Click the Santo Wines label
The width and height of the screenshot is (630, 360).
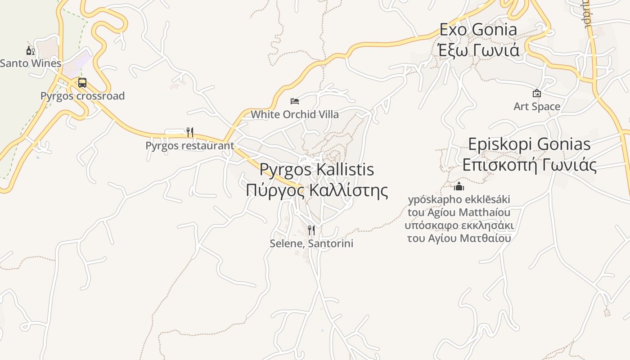click(31, 63)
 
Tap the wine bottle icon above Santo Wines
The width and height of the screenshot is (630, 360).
click(30, 50)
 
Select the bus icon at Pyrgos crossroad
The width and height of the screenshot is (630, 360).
click(82, 83)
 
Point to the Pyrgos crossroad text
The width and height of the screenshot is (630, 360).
click(82, 96)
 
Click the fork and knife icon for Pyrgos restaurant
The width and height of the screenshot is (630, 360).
click(190, 132)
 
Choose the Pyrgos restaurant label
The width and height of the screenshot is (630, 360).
click(189, 145)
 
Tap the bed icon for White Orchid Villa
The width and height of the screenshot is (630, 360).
click(295, 101)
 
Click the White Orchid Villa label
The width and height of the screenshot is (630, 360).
click(295, 114)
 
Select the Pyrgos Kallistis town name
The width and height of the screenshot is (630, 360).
click(317, 169)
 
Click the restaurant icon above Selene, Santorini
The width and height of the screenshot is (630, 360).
click(311, 230)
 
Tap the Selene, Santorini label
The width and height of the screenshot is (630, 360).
click(311, 243)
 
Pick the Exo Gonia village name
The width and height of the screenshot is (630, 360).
click(478, 30)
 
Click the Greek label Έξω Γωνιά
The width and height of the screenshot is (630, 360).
click(479, 49)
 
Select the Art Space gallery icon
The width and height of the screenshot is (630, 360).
click(537, 94)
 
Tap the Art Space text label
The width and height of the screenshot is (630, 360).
click(537, 107)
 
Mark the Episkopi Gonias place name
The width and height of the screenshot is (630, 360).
click(529, 144)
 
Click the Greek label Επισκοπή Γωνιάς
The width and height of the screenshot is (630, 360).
click(529, 165)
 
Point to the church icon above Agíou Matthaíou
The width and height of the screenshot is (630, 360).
click(459, 186)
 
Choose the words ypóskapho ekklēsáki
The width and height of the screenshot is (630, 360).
click(459, 199)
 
